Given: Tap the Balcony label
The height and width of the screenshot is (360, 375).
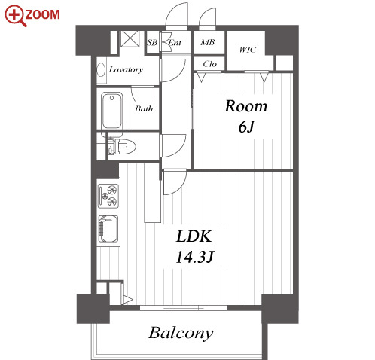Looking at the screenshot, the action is tap(181, 333).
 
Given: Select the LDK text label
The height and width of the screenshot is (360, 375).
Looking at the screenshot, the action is tap(194, 236).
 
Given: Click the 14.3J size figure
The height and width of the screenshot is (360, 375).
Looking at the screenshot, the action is tap(195, 257).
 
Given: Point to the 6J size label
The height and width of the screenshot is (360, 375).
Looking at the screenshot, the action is tap(246, 127).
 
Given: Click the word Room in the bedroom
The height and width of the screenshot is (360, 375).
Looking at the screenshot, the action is tap(245, 106).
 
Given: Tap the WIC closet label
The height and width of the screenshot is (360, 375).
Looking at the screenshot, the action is tap(248, 50).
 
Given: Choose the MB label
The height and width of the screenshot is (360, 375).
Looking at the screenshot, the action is tap(208, 42).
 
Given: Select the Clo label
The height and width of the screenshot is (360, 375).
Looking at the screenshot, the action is tap(209, 64).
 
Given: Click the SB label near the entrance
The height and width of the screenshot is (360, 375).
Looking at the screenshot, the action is tap(152, 43).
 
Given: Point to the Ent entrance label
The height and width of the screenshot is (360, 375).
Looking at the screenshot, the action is tap(175, 43).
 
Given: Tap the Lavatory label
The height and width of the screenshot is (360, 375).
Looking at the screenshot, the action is tap(126, 69).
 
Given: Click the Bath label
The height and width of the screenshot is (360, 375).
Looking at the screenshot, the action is tap(144, 108).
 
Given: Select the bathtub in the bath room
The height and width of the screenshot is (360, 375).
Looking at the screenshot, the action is tap(112, 111).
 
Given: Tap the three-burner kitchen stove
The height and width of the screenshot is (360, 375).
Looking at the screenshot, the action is tap(108, 196).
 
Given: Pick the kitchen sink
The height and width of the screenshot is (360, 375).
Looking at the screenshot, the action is tap(108, 229).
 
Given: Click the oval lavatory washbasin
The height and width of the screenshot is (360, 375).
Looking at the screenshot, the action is tap(101, 69).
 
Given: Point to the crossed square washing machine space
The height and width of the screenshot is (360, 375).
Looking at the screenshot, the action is tap(130, 38).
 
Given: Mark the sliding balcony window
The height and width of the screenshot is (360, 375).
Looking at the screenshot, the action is tap(184, 308).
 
